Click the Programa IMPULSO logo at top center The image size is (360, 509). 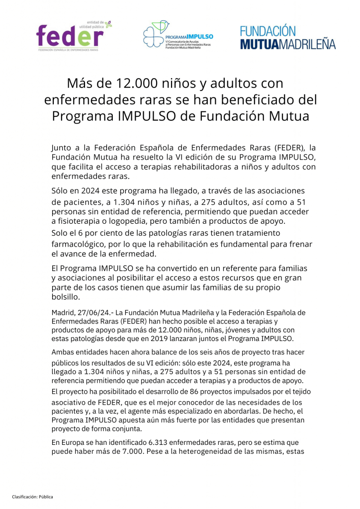click(178, 36)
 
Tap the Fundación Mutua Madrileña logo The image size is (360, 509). click(288, 38)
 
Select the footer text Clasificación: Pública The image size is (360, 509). click(33, 497)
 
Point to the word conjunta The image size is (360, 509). click(126, 429)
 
